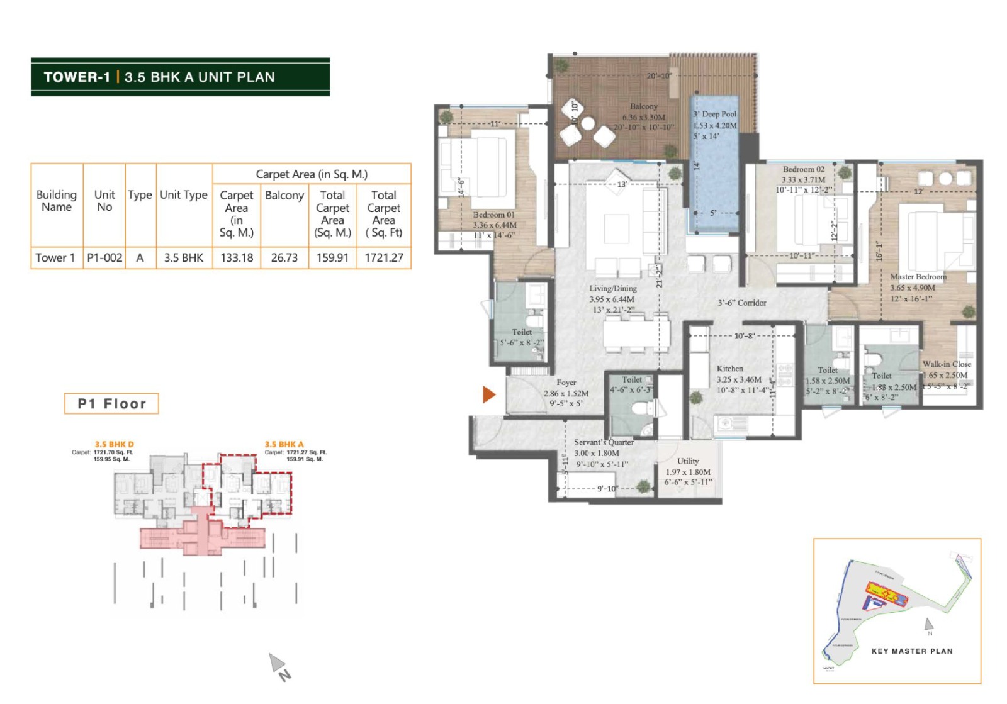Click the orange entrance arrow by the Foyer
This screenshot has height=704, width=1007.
click(x=488, y=394)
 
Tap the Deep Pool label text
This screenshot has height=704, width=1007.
click(x=715, y=114)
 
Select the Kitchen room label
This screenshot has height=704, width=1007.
click(x=729, y=369)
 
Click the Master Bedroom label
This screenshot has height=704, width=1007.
click(x=918, y=277)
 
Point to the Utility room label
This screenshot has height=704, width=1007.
click(x=688, y=461)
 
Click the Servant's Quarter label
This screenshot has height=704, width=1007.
click(x=603, y=442)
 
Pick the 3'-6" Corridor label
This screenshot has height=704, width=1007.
click(x=742, y=303)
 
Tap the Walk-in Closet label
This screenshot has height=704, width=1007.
click(x=947, y=364)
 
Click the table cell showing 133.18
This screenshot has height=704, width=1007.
click(x=237, y=258)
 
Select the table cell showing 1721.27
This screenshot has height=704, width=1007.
click(x=384, y=258)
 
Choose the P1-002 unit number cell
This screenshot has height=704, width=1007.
click(x=104, y=258)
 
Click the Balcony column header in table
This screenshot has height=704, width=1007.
click(x=284, y=196)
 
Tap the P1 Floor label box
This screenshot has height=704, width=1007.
click(x=111, y=404)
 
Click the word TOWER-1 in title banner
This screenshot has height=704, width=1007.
click(x=77, y=77)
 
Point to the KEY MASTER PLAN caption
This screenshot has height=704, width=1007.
click(x=911, y=651)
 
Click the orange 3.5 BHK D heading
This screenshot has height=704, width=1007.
click(x=114, y=444)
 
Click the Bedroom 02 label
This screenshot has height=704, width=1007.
click(x=803, y=169)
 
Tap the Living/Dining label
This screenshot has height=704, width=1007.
click(x=612, y=288)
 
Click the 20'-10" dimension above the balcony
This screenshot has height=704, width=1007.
click(x=659, y=76)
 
